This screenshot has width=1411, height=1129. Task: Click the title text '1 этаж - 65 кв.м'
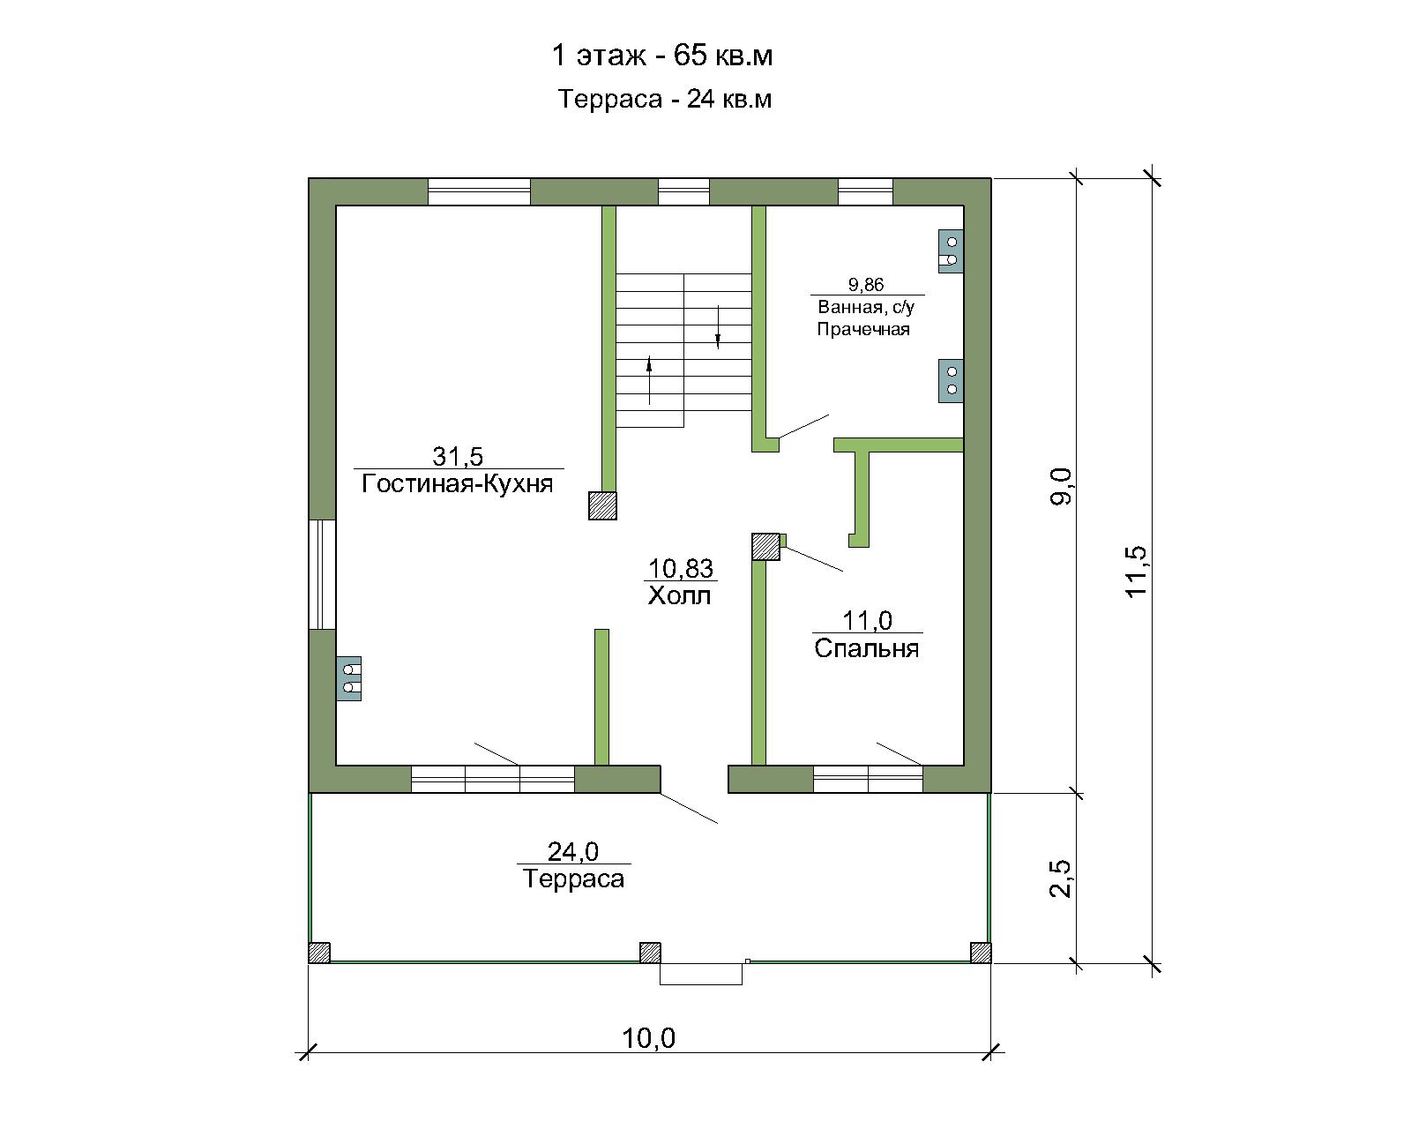(x=662, y=55)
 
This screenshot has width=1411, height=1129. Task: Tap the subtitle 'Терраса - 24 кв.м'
(x=665, y=100)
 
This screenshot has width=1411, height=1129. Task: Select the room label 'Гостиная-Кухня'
(x=458, y=484)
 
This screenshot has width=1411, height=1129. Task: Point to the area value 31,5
(x=458, y=455)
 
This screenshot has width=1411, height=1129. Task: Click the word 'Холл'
(x=680, y=595)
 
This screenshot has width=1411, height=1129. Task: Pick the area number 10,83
(x=681, y=568)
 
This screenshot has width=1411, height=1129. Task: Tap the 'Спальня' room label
(x=866, y=649)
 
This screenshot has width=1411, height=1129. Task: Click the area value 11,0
(x=867, y=620)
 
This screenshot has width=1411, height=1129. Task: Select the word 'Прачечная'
(x=862, y=329)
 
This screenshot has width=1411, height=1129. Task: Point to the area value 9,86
(x=866, y=285)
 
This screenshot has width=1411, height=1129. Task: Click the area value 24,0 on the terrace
(x=573, y=851)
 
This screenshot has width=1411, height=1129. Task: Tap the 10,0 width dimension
(x=648, y=1038)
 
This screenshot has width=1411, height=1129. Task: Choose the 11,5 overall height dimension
(x=1136, y=572)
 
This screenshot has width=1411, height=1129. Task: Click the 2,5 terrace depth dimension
(x=1060, y=879)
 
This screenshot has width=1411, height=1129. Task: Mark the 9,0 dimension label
(x=1061, y=487)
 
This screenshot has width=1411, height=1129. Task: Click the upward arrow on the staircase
(x=649, y=380)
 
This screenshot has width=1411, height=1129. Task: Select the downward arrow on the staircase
(x=718, y=326)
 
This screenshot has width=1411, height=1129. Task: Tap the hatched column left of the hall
(x=602, y=505)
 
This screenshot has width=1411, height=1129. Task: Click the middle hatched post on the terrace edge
(x=650, y=953)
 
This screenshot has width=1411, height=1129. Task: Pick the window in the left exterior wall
(x=322, y=575)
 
